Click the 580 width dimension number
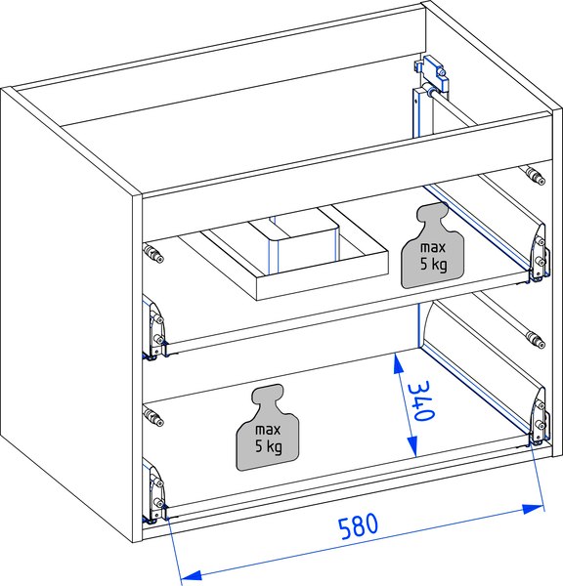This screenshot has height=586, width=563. coord(358,525)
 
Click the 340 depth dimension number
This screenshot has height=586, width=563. coord(421,400)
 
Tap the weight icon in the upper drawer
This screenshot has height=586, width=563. coord(432,245)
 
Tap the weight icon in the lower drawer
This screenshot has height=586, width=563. coord(268,428)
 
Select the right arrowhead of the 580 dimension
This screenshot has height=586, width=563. coord(533,509)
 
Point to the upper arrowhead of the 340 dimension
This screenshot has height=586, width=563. coord(399,363)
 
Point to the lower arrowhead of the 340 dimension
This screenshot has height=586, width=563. coord(412,446)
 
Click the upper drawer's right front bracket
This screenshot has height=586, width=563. coord(540,252)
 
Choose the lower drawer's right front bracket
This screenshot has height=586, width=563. coord(540,417)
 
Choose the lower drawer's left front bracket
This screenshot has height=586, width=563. coord(154,491)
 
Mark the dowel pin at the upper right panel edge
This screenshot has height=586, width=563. coord(536,176)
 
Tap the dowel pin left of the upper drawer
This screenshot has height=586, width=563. coord(153,253)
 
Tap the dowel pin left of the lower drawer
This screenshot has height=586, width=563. coord(153,417)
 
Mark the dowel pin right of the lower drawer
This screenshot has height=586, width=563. coord(536,340)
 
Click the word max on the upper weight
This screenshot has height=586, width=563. coord(433,247)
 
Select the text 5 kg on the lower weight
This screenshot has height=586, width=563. coord(269,447)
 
